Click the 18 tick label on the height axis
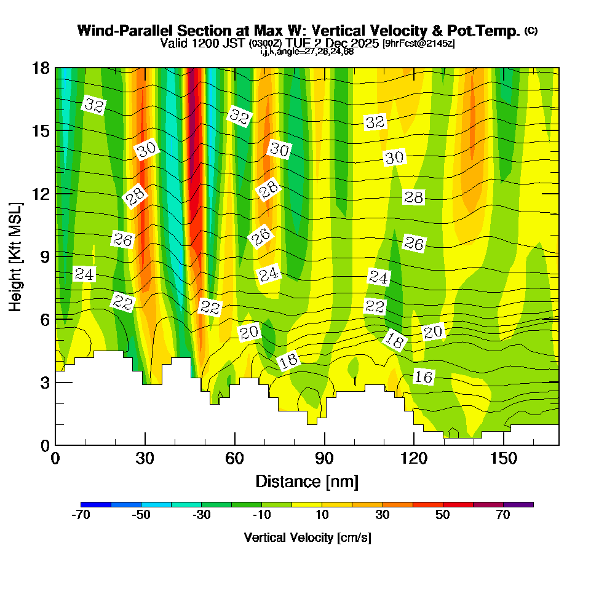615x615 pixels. click(40, 68)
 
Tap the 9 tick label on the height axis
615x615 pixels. click(43, 256)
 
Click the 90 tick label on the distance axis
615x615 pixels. click(324, 458)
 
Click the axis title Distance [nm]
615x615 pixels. click(307, 481)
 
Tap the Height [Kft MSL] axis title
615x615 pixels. click(15, 256)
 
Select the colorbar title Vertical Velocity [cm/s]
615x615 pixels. click(307, 538)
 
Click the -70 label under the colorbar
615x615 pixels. click(81, 515)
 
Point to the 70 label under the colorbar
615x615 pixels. click(503, 515)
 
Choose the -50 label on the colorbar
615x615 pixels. click(141, 515)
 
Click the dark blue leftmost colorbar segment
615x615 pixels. click(95, 504)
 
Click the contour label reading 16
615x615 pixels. click(424, 376)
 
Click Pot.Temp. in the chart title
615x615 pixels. click(488, 31)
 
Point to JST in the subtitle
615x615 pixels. click(235, 44)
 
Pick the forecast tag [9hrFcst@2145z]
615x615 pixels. click(418, 44)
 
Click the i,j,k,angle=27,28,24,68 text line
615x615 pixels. click(307, 51)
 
